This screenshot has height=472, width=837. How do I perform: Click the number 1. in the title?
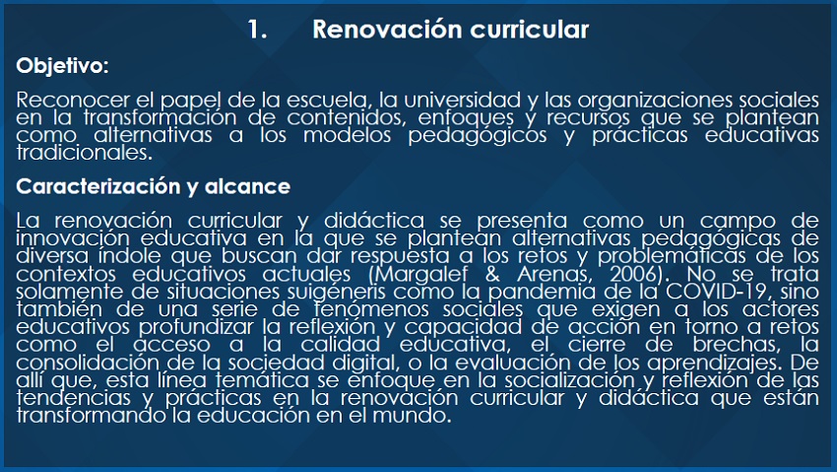pyautogui.click(x=257, y=30)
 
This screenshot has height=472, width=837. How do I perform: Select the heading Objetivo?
pyautogui.click(x=62, y=66)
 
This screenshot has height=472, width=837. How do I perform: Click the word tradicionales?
pyautogui.click(x=85, y=153)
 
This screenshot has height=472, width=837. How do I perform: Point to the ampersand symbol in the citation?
pyautogui.click(x=492, y=275)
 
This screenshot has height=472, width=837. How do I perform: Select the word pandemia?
pyautogui.click(x=542, y=293)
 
